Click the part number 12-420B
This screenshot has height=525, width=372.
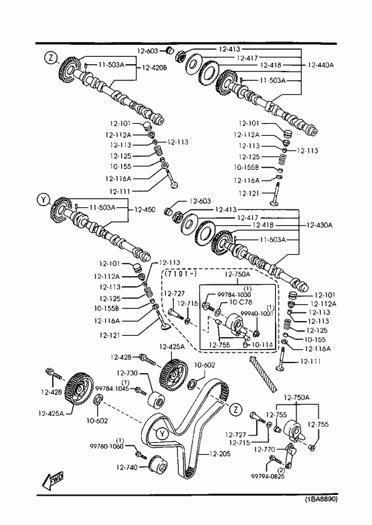155,68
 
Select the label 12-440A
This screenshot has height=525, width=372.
320,65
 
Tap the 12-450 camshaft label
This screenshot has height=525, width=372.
145,209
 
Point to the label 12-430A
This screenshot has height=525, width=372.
319,225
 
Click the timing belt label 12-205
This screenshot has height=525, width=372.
220,454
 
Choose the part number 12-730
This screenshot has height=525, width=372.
127,373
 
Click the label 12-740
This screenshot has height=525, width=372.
127,467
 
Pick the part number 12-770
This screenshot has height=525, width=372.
264,449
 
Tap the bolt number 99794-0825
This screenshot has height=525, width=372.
268,476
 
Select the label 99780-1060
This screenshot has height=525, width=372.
106,446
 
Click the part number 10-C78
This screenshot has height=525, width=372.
241,302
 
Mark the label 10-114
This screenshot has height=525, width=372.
262,344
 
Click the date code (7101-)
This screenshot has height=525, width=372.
180,274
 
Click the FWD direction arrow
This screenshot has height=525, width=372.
53,481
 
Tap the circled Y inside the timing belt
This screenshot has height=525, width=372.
162,434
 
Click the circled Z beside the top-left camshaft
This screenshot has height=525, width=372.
51,58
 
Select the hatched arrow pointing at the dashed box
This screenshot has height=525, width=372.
263,374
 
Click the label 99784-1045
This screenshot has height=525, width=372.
112,389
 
